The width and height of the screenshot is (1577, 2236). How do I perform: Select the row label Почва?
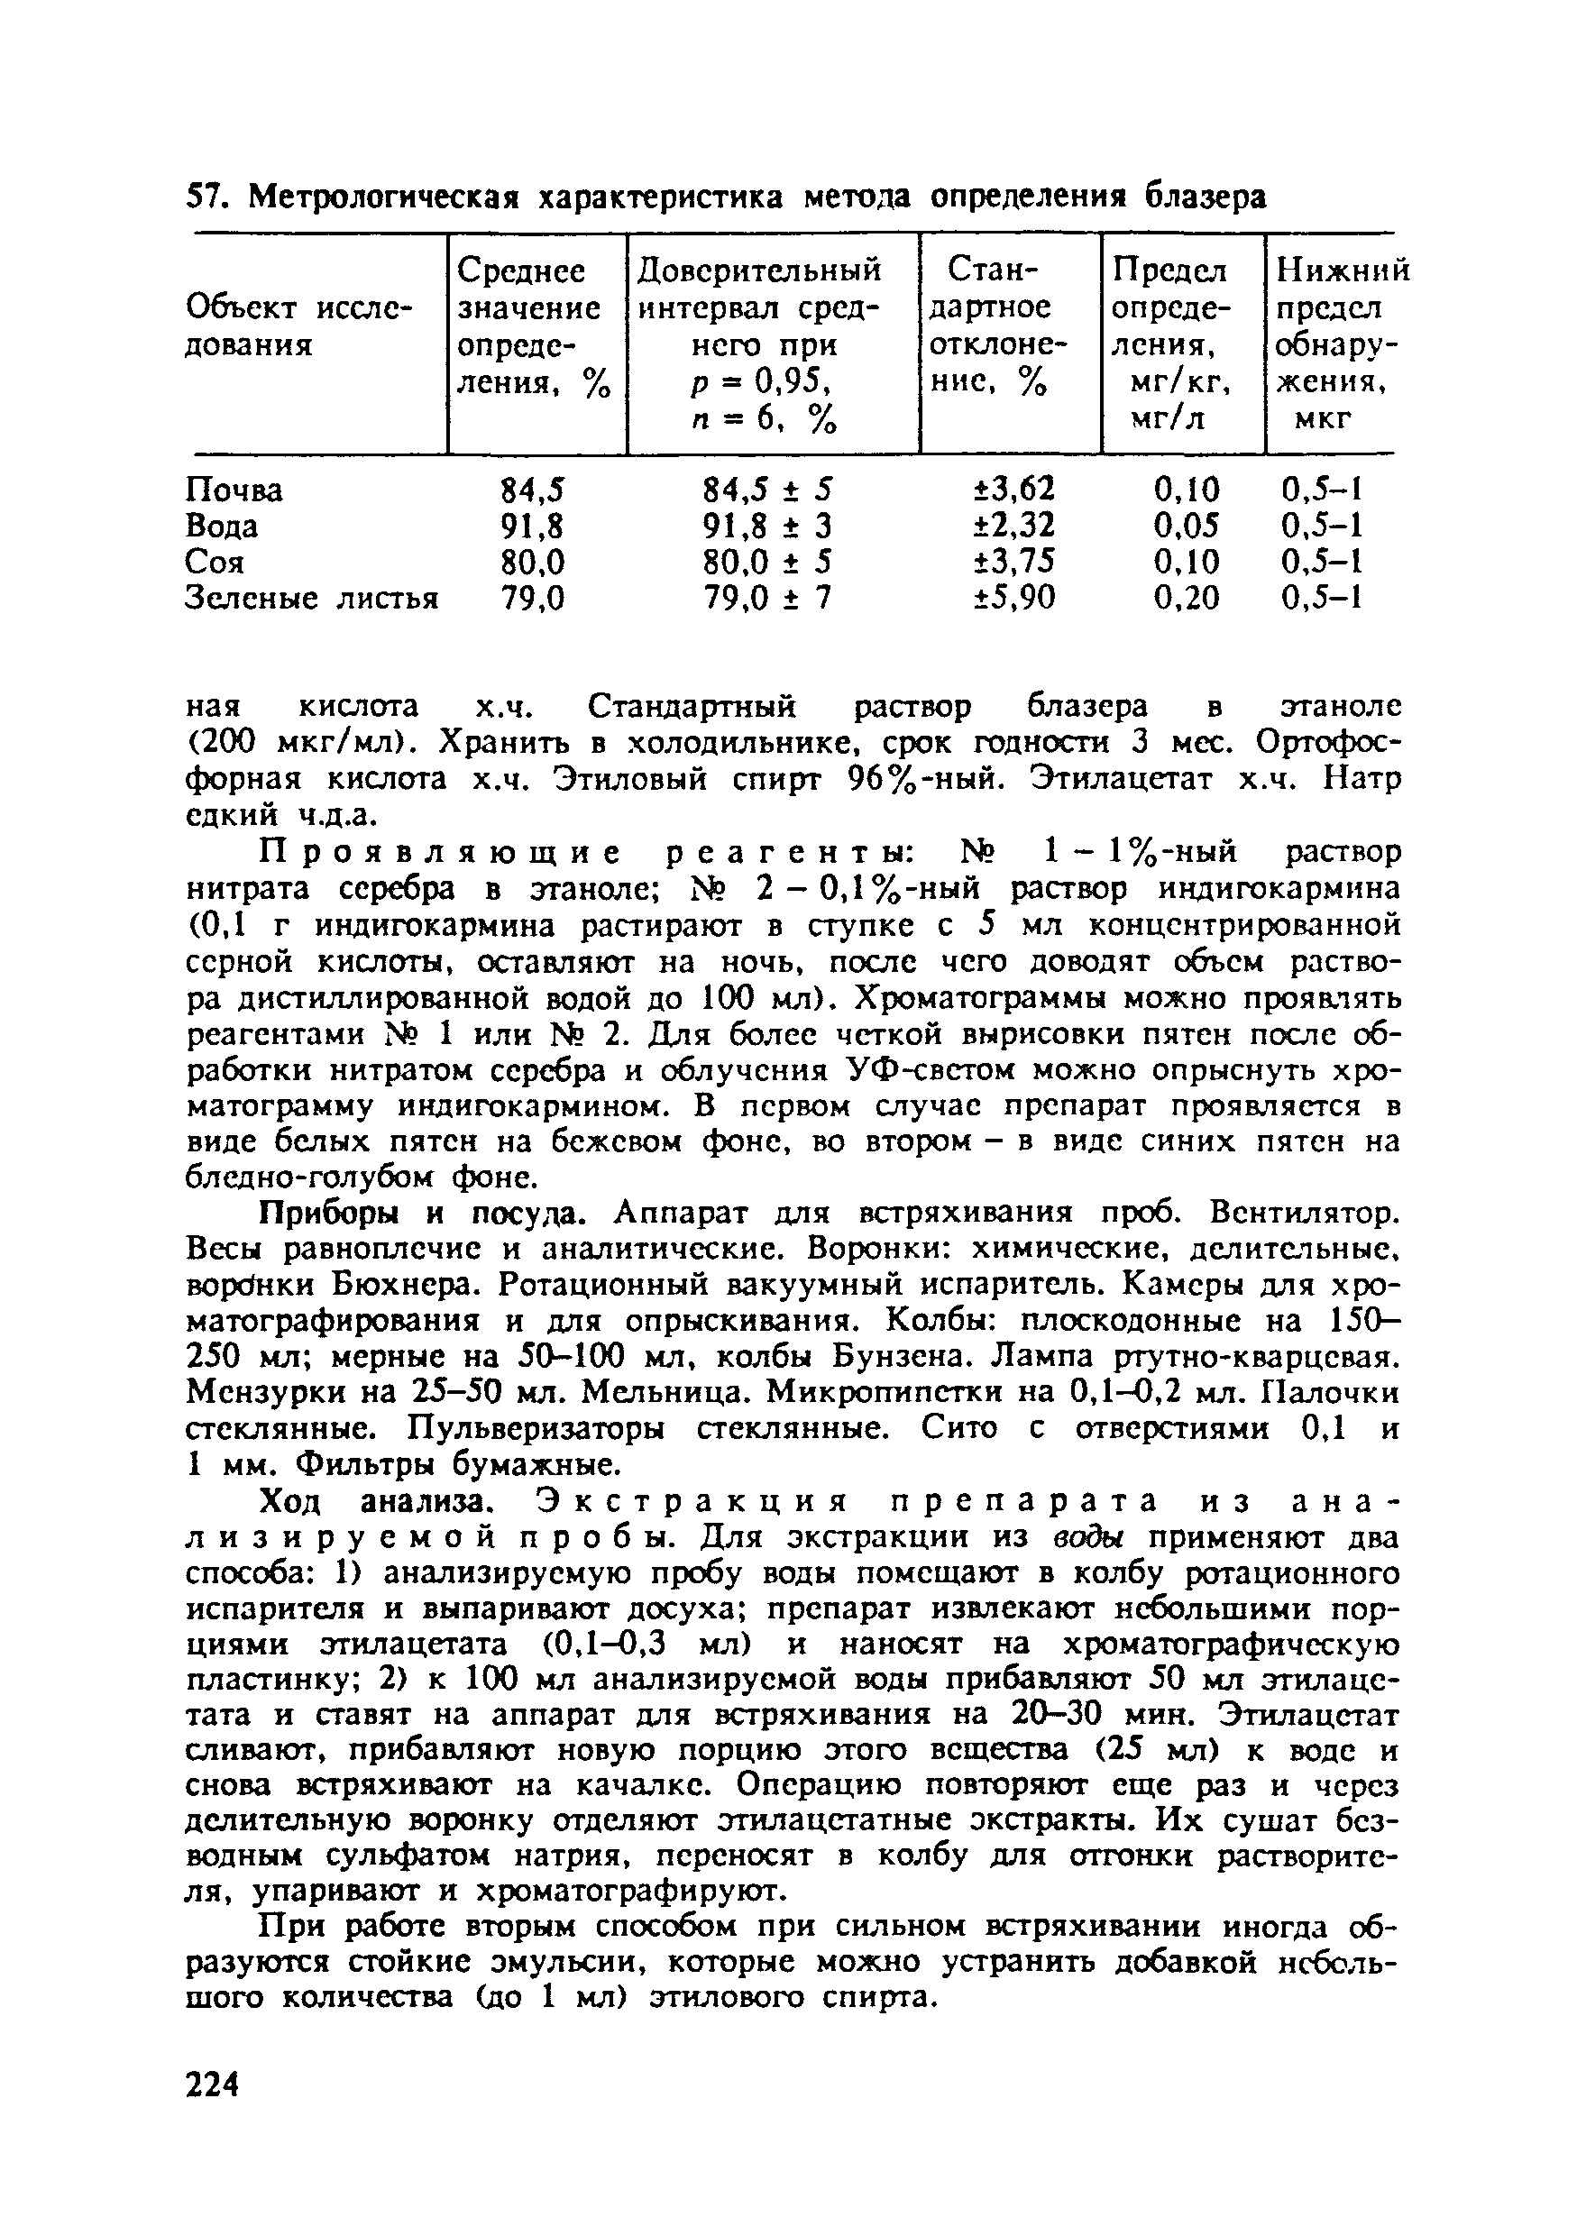point(234,490)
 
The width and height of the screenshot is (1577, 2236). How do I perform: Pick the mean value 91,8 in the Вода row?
point(533,526)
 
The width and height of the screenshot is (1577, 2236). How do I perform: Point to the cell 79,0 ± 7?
point(768,598)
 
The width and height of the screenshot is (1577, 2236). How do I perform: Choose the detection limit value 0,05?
point(1187,526)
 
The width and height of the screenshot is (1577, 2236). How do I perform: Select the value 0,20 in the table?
point(1187,598)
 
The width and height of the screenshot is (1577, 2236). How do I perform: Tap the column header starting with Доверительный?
point(759,270)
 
